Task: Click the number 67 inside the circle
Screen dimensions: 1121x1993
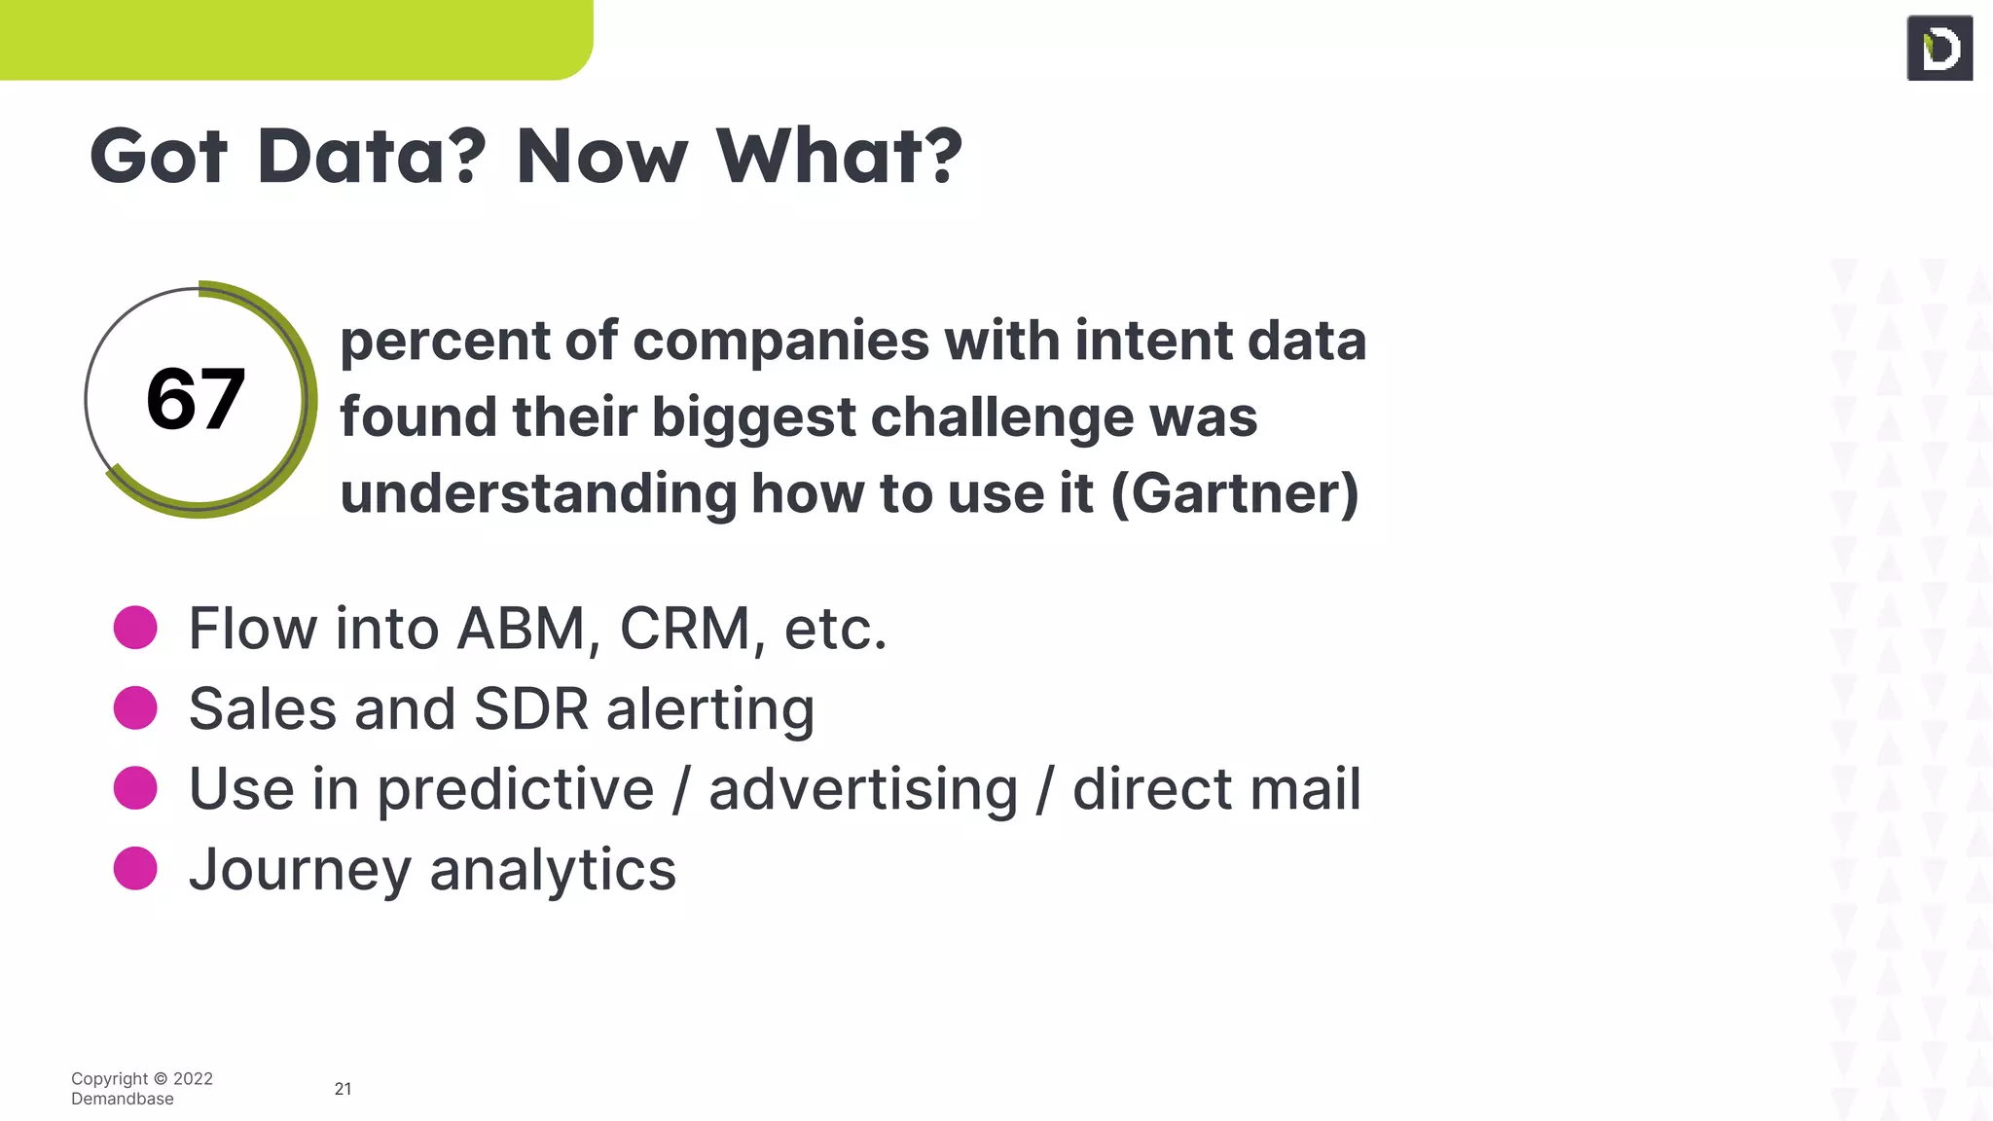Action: (196, 399)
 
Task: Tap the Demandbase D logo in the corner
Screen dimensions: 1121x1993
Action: (1939, 48)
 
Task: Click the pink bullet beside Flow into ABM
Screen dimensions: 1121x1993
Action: (135, 628)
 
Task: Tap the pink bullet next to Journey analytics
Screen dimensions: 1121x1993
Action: (135, 868)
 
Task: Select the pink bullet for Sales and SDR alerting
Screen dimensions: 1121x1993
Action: (135, 707)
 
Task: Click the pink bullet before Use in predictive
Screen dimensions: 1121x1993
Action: (135, 788)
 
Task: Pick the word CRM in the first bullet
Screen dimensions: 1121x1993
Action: (685, 629)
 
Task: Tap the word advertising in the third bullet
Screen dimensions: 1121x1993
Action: (862, 789)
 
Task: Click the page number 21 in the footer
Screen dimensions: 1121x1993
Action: (343, 1089)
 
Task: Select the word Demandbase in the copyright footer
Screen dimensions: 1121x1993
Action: (123, 1099)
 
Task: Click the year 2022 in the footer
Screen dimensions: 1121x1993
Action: (193, 1078)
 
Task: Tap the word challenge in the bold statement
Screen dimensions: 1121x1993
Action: (1001, 417)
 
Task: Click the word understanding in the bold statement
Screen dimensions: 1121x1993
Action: (537, 493)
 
